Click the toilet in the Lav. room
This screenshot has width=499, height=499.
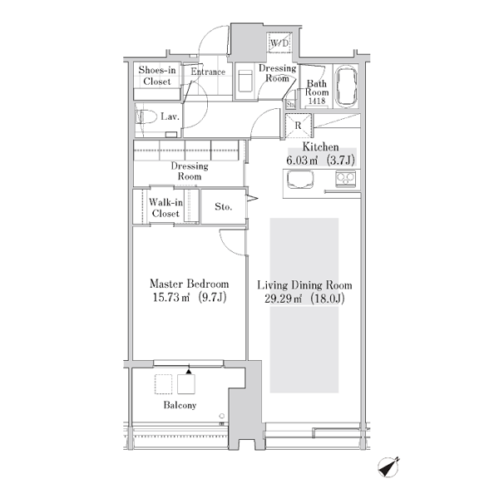coord(146,116)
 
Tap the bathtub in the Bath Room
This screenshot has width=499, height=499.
coord(347,86)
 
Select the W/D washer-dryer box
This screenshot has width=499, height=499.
coord(279,42)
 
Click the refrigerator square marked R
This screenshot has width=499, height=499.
coord(298,126)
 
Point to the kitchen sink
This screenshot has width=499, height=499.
coord(300,180)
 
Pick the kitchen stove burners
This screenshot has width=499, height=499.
coord(345,179)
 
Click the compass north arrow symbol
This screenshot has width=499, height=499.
coord(388,467)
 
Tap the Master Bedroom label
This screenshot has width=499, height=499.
coord(189,284)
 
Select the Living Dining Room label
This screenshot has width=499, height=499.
coord(304,284)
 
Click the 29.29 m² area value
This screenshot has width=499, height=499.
coord(283,299)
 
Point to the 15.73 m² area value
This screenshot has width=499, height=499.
coord(171,297)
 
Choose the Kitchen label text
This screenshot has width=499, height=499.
coord(320,146)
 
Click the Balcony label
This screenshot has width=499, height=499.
coord(180,405)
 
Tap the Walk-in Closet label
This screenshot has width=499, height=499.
coord(166,207)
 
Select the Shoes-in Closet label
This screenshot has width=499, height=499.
coord(157,76)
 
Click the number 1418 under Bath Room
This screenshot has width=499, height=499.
coord(317,101)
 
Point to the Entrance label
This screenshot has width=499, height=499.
coord(208,72)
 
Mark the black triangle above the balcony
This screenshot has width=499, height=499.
coord(189,371)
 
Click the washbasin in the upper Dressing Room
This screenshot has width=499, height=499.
coord(245,81)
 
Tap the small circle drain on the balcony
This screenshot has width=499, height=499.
coord(222,416)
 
